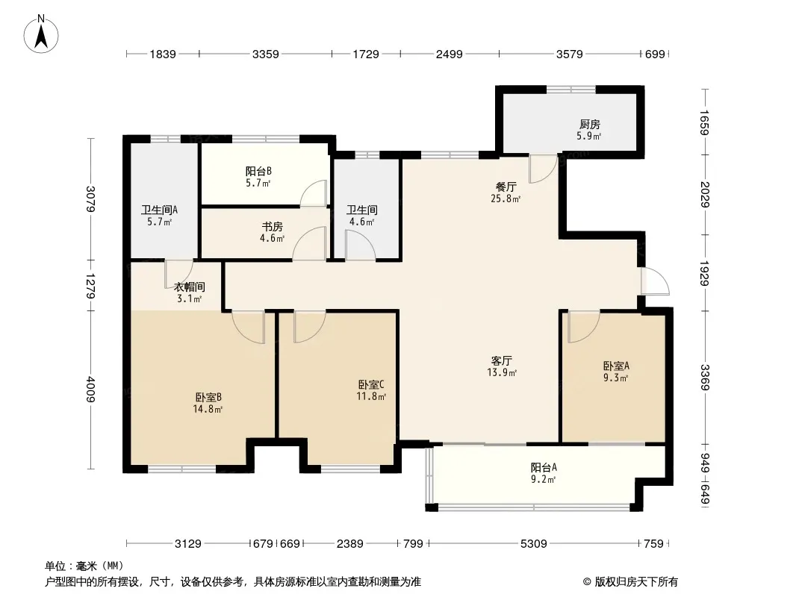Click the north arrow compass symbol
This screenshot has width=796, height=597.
click(x=41, y=34)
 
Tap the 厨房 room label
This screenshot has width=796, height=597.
click(x=589, y=125)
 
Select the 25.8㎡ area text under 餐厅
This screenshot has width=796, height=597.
click(x=506, y=199)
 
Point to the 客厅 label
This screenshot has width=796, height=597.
click(x=502, y=360)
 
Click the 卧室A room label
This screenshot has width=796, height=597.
click(x=616, y=366)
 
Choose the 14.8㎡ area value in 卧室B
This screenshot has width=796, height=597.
click(x=208, y=409)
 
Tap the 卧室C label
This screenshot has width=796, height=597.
click(x=371, y=384)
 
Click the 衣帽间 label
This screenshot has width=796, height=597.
click(x=190, y=287)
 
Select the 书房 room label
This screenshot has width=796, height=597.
click(x=272, y=227)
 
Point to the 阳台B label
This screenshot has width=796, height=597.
click(x=258, y=171)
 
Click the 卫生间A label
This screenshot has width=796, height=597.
click(x=159, y=210)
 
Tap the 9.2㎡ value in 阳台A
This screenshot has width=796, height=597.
click(x=543, y=479)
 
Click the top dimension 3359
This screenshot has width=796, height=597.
click(x=266, y=54)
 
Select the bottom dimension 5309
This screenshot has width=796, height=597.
click(x=534, y=544)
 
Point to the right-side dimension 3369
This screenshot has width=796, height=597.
click(x=704, y=377)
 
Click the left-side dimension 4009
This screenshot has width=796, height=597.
click(x=90, y=389)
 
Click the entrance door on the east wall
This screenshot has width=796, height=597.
click(x=655, y=281)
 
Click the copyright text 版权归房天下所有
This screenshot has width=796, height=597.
click(x=636, y=582)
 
